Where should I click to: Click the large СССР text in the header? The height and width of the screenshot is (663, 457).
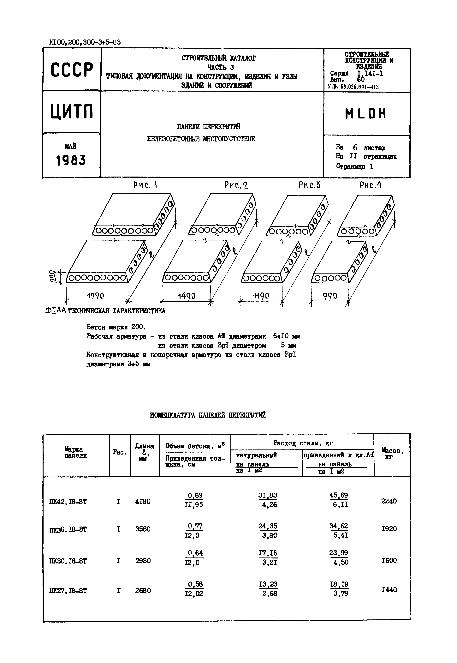pyautogui.click(x=72, y=70)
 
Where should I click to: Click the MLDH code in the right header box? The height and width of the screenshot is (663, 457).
pyautogui.click(x=366, y=114)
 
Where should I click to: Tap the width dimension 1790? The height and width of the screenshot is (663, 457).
pyautogui.click(x=95, y=296)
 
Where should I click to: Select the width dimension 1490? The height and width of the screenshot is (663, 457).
pyautogui.click(x=186, y=296)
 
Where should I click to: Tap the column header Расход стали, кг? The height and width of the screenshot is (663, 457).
pyautogui.click(x=303, y=443)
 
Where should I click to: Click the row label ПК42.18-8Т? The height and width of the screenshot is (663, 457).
pyautogui.click(x=68, y=502)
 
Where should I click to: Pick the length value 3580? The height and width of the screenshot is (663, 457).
pyautogui.click(x=143, y=529)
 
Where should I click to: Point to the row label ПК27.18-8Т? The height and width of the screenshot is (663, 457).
pyautogui.click(x=68, y=591)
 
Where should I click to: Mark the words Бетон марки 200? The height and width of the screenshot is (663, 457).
pyautogui.click(x=116, y=327)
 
